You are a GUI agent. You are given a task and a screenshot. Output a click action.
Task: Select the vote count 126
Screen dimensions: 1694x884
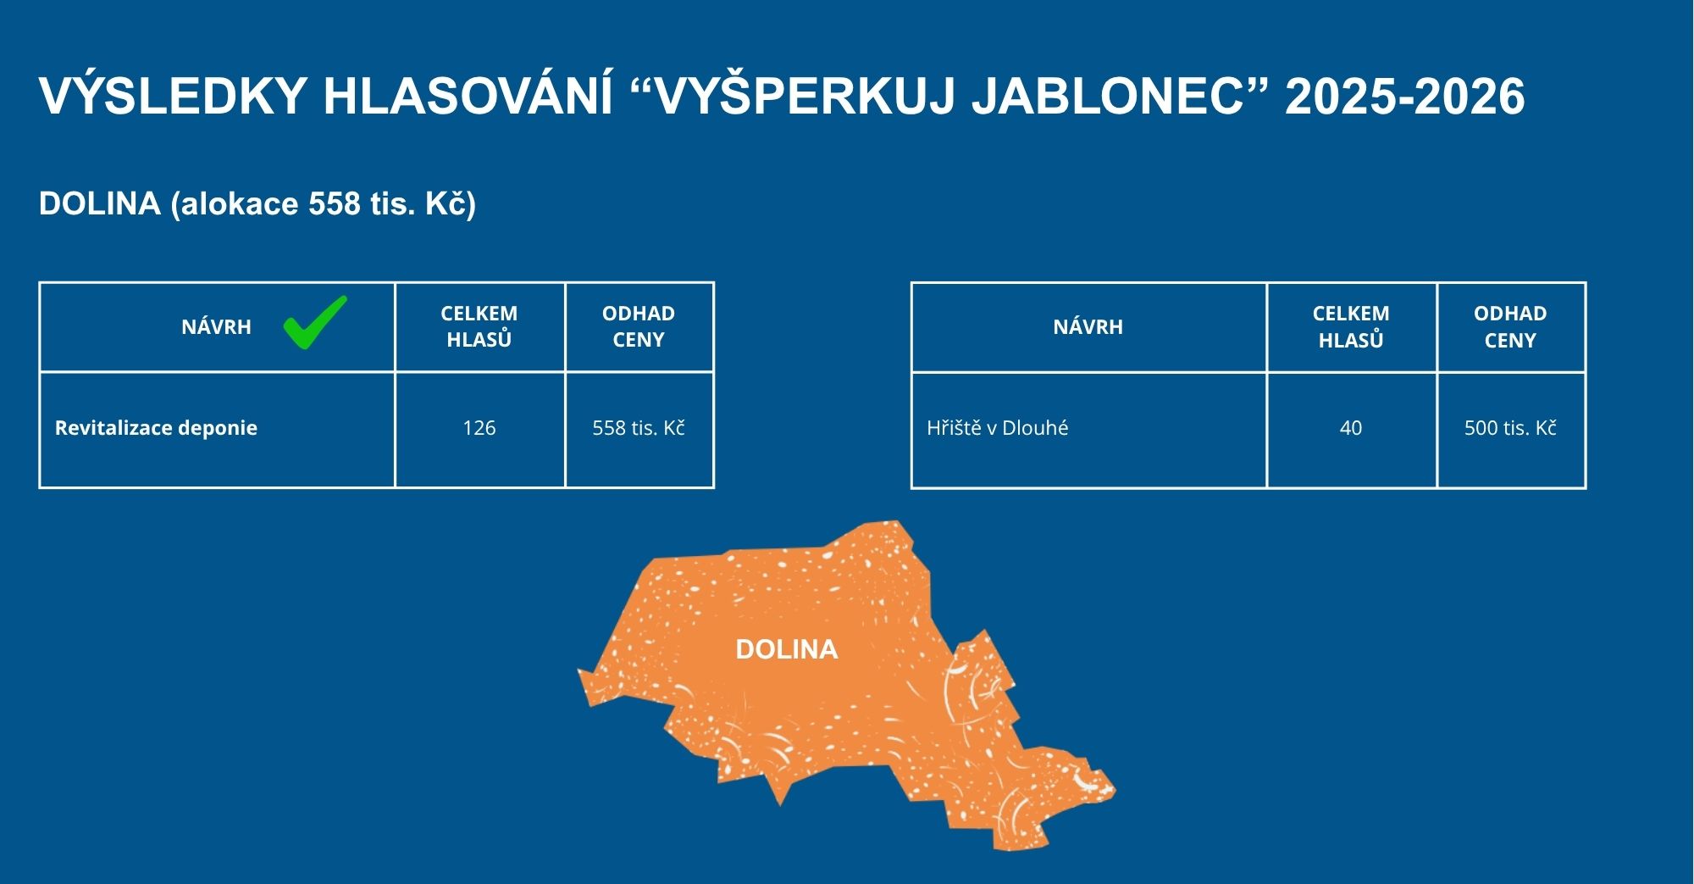(479, 428)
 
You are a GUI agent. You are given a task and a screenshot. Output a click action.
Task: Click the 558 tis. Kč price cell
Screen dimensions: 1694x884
(639, 428)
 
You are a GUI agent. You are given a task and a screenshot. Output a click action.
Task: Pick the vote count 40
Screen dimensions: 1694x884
(1351, 428)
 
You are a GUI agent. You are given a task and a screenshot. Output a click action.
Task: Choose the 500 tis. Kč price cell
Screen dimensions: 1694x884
(1510, 428)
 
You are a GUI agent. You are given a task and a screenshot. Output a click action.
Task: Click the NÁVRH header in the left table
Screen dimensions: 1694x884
(216, 327)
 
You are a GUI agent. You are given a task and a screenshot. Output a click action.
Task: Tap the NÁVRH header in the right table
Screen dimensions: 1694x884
(1088, 327)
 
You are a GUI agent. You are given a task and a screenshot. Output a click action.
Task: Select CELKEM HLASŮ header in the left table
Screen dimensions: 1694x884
(479, 326)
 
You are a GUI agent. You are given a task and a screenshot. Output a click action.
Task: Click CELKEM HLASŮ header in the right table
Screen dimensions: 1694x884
(1351, 327)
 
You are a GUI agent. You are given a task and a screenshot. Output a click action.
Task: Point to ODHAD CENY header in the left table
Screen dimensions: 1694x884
(639, 326)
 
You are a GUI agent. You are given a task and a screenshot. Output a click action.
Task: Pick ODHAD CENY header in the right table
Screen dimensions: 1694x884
(1510, 327)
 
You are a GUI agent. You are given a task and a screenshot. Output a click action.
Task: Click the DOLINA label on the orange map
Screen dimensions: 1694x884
(786, 649)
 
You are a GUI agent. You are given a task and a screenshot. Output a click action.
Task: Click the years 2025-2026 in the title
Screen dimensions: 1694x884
(1405, 96)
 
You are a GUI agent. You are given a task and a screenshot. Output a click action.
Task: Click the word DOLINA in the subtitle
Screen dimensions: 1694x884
(100, 204)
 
